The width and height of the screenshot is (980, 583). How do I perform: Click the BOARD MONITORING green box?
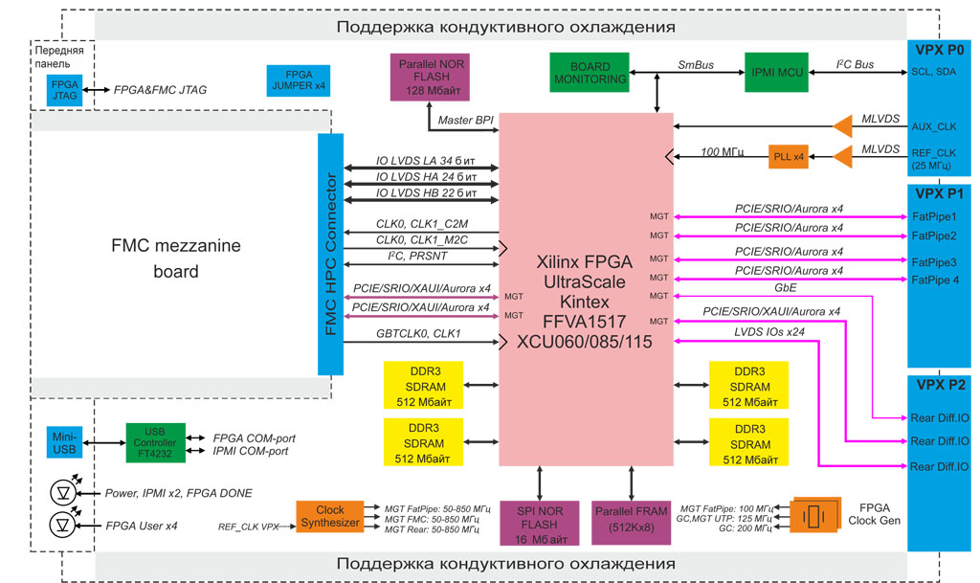pyautogui.click(x=590, y=72)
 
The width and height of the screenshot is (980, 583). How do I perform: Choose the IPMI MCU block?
pyautogui.click(x=775, y=72)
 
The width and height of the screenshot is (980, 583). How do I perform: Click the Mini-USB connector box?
pyautogui.click(x=65, y=442)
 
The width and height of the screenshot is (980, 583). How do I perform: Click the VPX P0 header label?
pyautogui.click(x=941, y=49)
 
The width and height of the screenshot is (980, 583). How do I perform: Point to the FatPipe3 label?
pyautogui.click(x=934, y=261)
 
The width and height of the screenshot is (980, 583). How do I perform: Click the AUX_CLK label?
pyautogui.click(x=933, y=126)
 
